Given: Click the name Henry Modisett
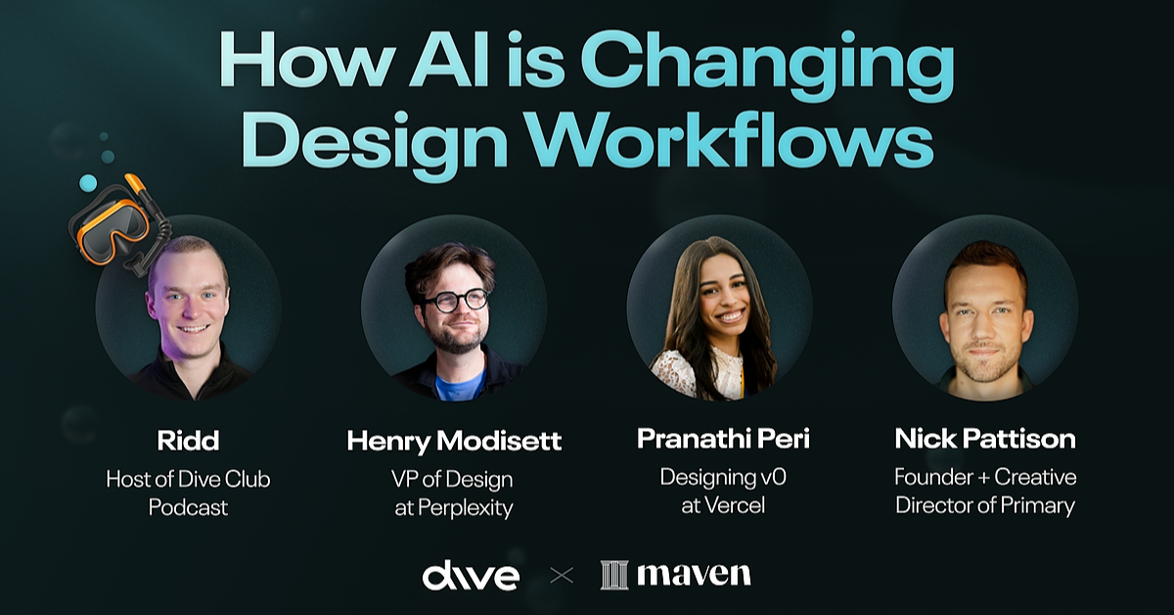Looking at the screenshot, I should click(454, 441).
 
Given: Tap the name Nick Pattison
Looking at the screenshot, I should click(985, 438).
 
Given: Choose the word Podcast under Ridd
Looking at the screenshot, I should click(188, 507).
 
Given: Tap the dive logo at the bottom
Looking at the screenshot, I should click(470, 576).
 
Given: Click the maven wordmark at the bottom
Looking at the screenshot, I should click(694, 575).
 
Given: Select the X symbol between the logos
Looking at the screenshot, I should click(562, 576).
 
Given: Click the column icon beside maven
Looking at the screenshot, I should click(613, 575).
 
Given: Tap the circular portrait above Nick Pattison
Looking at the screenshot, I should click(985, 307).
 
